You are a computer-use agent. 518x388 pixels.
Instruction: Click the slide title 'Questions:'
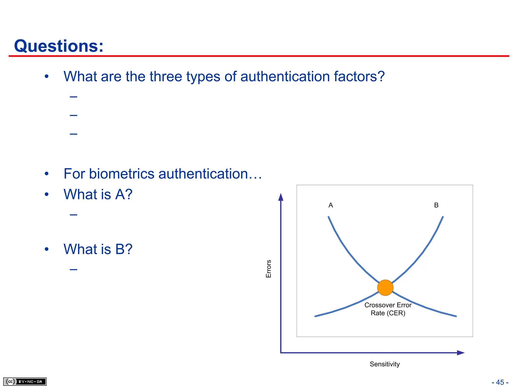(x=59, y=46)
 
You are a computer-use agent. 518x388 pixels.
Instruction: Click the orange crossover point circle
(x=385, y=288)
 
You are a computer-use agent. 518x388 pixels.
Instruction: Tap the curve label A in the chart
(x=331, y=205)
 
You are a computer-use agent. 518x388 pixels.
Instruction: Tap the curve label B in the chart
(x=436, y=205)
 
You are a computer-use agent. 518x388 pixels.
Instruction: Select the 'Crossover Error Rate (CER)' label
(x=388, y=309)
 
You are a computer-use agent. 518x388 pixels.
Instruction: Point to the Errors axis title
(x=269, y=269)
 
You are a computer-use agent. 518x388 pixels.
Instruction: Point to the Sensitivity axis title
(x=385, y=364)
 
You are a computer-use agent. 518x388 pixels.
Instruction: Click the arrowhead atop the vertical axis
(x=281, y=197)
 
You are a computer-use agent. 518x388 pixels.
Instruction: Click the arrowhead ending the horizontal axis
(x=461, y=353)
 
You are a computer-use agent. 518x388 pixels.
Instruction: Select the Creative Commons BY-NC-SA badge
(x=25, y=381)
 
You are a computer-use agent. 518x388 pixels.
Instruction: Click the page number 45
(x=500, y=382)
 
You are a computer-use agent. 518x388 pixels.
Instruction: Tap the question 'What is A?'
(x=98, y=194)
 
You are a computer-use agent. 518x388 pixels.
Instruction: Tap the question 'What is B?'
(x=98, y=249)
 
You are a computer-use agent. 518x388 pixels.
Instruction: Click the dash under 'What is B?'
(x=74, y=270)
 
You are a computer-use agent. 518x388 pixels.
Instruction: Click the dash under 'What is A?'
(x=74, y=215)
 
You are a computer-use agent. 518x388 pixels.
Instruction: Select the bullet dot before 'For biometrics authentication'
(x=47, y=174)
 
